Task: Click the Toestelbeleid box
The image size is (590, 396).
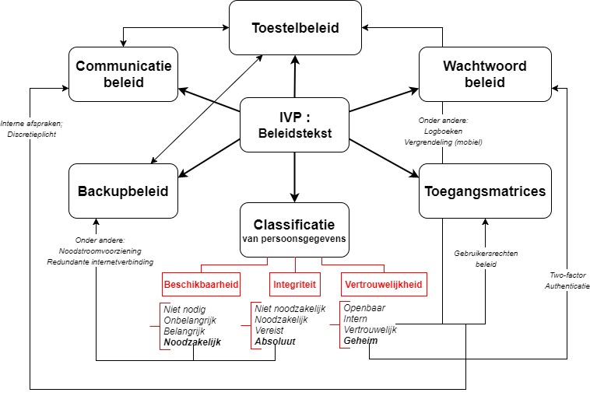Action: click(295, 27)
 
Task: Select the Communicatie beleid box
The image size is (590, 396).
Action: click(124, 74)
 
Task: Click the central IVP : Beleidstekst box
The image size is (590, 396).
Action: click(294, 124)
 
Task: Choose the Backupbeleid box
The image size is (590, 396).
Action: click(124, 191)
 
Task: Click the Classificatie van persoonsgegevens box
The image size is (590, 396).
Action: click(294, 230)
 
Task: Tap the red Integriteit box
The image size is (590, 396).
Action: click(293, 285)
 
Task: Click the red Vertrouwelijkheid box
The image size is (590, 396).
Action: click(385, 285)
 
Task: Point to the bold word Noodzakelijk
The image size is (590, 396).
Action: click(192, 342)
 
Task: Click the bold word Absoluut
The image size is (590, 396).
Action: click(276, 342)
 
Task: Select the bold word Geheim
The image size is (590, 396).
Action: click(361, 341)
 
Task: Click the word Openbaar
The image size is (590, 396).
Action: click(366, 308)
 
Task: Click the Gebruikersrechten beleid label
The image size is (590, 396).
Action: click(486, 259)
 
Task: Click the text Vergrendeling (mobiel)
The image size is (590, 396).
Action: click(443, 142)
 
